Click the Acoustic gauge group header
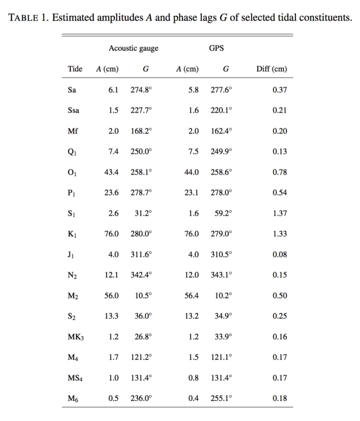coord(133,48)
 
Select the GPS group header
coord(216,48)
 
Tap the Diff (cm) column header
coord(271,69)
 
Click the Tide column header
coord(75,69)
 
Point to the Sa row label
coord(72,89)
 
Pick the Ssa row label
coord(73,110)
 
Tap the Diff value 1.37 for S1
coord(279,213)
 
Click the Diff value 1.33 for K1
coord(279,234)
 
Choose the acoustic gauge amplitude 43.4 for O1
coord(111,172)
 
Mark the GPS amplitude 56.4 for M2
coord(191,295)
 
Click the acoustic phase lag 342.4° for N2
coord(141,275)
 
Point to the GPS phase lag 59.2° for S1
coord(223,213)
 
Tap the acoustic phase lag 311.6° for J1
coord(141,254)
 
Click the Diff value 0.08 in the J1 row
coord(279,254)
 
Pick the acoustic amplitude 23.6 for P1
coord(111,192)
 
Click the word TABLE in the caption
coord(21,18)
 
